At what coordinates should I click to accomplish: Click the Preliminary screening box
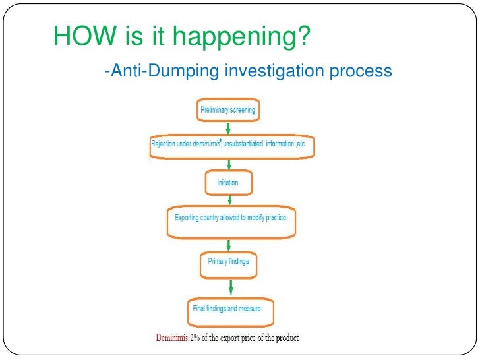pos(227,109)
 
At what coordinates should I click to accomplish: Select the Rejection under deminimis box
pos(231,146)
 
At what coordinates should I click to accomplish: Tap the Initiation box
pos(227,182)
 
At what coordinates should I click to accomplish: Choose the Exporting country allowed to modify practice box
pos(230,219)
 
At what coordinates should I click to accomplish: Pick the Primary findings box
pos(228,263)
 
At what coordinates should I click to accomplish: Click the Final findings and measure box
pos(228,309)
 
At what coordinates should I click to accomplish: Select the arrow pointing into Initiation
pos(227,164)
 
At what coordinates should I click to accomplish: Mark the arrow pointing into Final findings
pos(230,287)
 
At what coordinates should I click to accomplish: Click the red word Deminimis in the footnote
pos(172,338)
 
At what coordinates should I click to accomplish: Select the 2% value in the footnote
pos(196,338)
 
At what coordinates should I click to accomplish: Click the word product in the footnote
pos(285,338)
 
